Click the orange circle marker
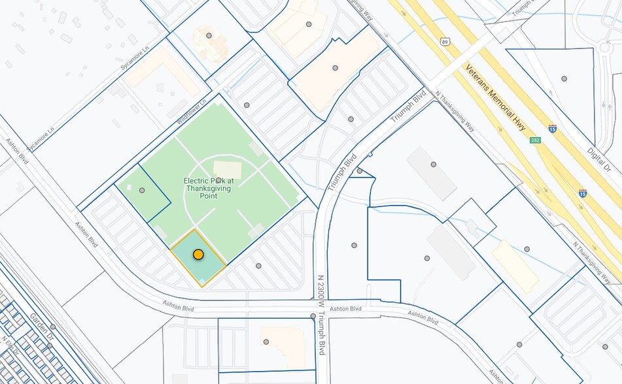point(198,255)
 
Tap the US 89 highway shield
point(445,41)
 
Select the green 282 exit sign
point(535,140)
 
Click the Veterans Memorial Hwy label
point(495,97)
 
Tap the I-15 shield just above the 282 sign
point(553,129)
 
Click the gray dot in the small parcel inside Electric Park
point(142,190)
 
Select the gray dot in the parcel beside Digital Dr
point(564,78)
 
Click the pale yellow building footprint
point(515,266)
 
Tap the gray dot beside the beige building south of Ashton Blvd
point(266,342)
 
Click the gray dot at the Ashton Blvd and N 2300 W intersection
point(313,316)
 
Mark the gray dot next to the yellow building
point(527,249)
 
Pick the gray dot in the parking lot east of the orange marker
point(258,266)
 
